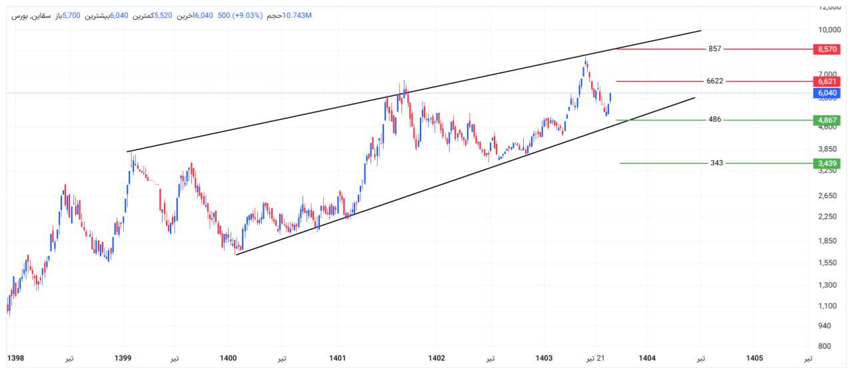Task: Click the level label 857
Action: [715, 49]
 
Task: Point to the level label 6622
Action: [715, 81]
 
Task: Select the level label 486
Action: [715, 120]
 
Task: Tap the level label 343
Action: [716, 163]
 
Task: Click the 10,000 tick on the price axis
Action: [826, 30]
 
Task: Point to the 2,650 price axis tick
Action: [826, 195]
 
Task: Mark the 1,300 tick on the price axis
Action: [826, 285]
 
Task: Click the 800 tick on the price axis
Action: [824, 346]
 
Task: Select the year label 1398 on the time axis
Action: [15, 359]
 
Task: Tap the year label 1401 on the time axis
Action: [337, 359]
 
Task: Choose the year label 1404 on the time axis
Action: [646, 359]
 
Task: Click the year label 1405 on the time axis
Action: [754, 359]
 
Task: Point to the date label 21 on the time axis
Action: [600, 359]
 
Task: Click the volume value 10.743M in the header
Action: [297, 15]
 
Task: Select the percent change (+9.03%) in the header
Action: [248, 15]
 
